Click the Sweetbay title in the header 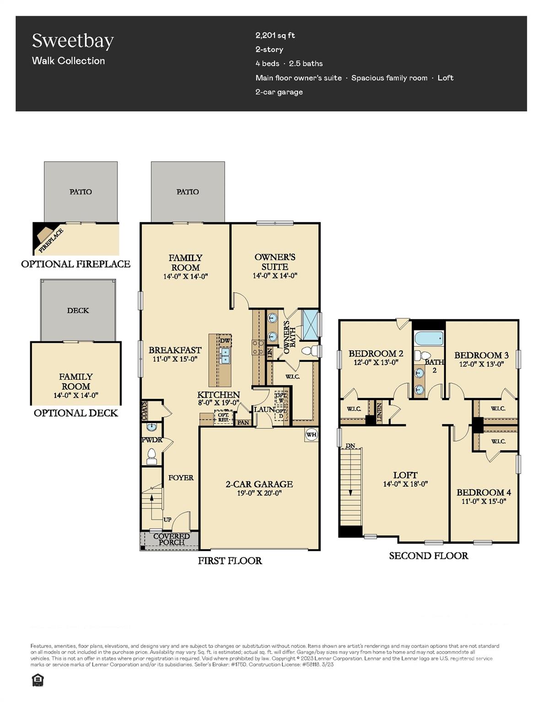click(73, 41)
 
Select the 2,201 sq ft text click(275, 35)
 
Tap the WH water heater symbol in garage click(311, 434)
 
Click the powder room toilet click(151, 456)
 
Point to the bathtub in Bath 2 click(429, 339)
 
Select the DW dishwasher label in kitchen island click(225, 341)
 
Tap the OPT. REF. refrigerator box click(223, 417)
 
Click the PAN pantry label click(243, 422)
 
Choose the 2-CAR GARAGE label click(259, 484)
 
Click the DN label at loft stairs click(350, 446)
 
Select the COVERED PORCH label click(172, 539)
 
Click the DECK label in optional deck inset click(78, 310)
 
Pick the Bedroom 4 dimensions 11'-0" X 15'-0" click(484, 501)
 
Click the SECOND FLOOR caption click(428, 556)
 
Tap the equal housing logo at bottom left click(38, 681)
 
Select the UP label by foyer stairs click(167, 520)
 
